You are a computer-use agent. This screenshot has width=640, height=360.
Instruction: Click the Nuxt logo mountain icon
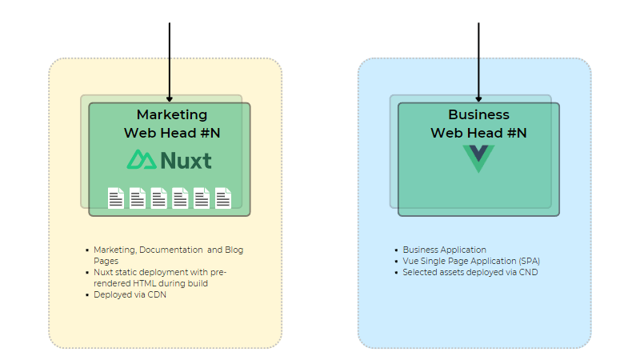coord(142,160)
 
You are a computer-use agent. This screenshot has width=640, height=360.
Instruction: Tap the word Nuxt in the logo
coord(186,161)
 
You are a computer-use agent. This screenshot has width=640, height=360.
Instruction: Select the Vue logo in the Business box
coord(478,158)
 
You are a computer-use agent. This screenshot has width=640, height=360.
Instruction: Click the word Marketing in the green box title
coord(171,114)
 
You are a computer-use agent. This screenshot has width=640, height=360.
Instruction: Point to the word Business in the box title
coord(478,114)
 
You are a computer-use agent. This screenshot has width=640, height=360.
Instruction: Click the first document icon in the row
coord(116,198)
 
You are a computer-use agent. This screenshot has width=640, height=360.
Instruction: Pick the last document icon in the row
coord(222,198)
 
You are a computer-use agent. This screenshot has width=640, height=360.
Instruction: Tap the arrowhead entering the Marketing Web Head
coord(170,98)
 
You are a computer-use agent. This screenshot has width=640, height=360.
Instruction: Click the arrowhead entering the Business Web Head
coord(478,98)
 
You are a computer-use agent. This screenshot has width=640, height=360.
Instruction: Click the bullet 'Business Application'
coord(444,250)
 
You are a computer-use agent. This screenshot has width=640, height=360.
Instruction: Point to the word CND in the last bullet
coord(529,272)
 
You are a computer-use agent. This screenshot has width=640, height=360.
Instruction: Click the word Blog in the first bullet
coord(234,250)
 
